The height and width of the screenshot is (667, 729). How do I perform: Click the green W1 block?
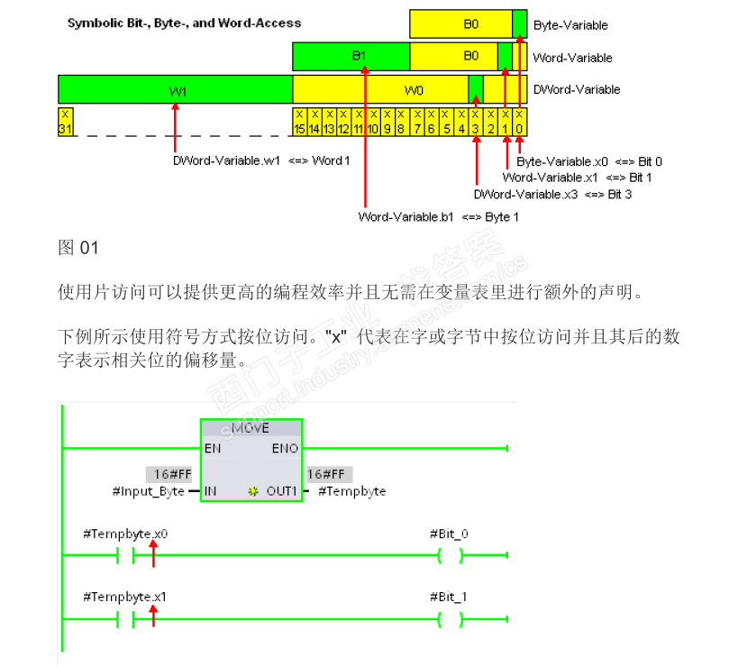176,90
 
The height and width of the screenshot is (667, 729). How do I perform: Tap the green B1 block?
359,56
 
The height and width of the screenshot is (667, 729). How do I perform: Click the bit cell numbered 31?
66,122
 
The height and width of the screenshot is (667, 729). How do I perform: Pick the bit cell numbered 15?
300,122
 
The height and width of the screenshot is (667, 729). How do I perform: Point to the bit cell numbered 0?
520,122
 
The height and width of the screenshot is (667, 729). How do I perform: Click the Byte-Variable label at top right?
570,25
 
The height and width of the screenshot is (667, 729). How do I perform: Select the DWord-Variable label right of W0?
577,89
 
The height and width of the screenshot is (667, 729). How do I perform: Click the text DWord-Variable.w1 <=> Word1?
261,160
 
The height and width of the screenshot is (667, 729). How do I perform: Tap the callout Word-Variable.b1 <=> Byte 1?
438,216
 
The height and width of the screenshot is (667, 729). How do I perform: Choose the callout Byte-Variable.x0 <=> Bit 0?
589,161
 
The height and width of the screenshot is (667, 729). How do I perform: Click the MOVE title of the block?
251,428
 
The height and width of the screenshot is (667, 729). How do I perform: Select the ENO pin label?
285,448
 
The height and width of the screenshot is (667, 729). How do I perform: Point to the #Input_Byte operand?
148,491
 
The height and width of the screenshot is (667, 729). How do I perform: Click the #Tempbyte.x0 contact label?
125,535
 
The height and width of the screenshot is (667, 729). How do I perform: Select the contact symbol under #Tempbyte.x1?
125,619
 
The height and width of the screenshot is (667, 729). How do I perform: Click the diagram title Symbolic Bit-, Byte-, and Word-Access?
185,23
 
